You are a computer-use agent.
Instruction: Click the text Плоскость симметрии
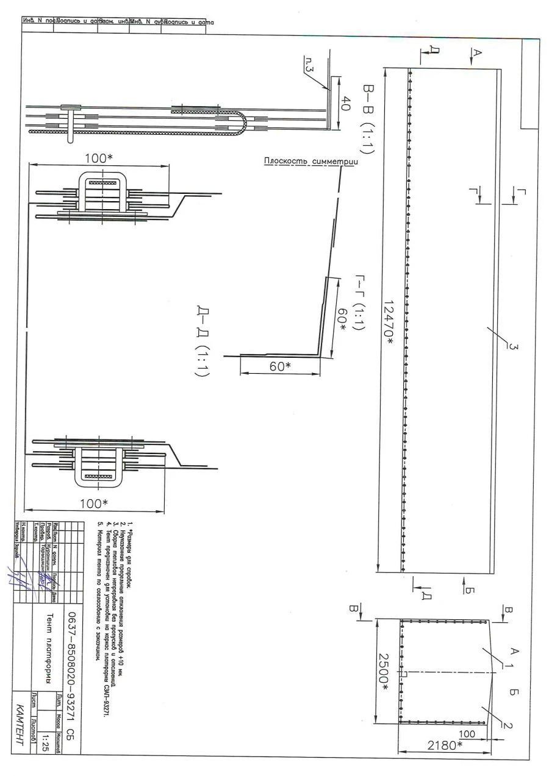pos(310,162)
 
